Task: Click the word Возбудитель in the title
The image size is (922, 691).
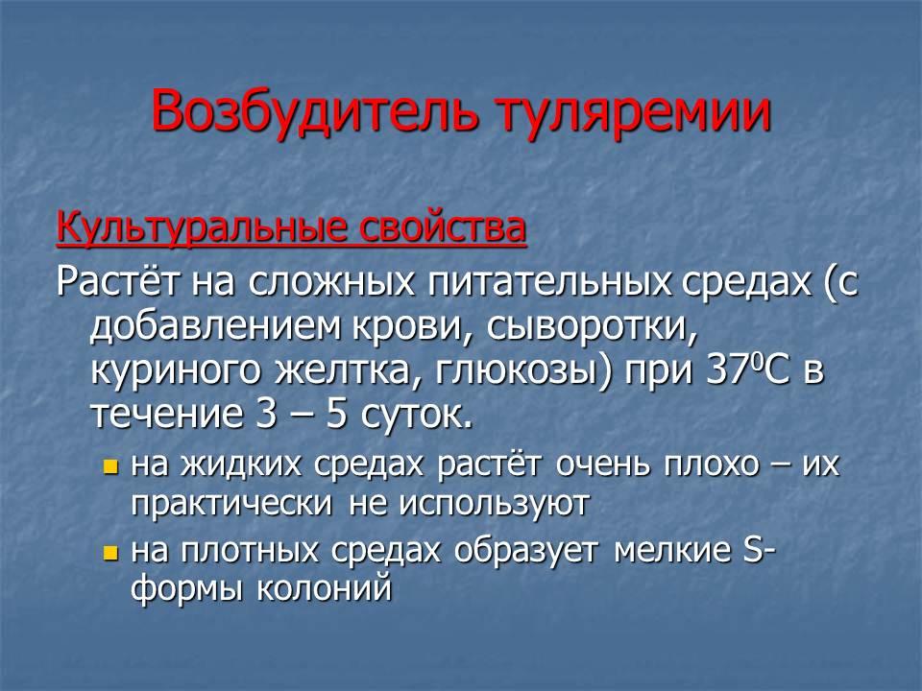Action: tap(314, 109)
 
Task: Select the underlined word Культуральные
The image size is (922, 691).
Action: tap(200, 228)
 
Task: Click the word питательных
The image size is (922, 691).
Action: tap(549, 282)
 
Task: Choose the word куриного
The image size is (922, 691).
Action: tap(175, 371)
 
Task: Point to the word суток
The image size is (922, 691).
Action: tap(416, 415)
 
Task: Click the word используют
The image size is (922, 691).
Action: tap(470, 505)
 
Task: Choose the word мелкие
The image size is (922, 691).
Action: tap(672, 550)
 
